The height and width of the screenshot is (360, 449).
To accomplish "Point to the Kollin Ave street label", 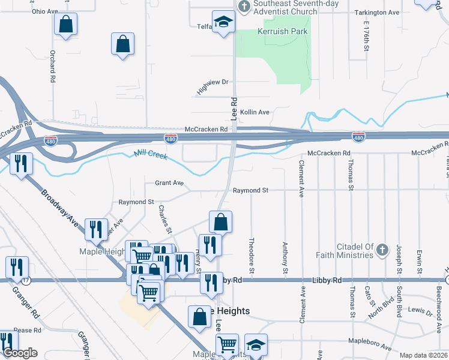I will [255, 112].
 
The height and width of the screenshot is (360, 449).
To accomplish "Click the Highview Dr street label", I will [212, 86].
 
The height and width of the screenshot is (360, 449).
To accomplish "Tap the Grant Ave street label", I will [169, 182].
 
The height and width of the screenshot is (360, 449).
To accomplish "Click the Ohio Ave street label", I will [44, 11].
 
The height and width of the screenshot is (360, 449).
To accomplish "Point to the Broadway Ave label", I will [61, 208].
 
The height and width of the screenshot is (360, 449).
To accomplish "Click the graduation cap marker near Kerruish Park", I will [224, 22].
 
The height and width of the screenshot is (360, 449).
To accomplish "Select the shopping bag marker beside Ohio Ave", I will [65, 25].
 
